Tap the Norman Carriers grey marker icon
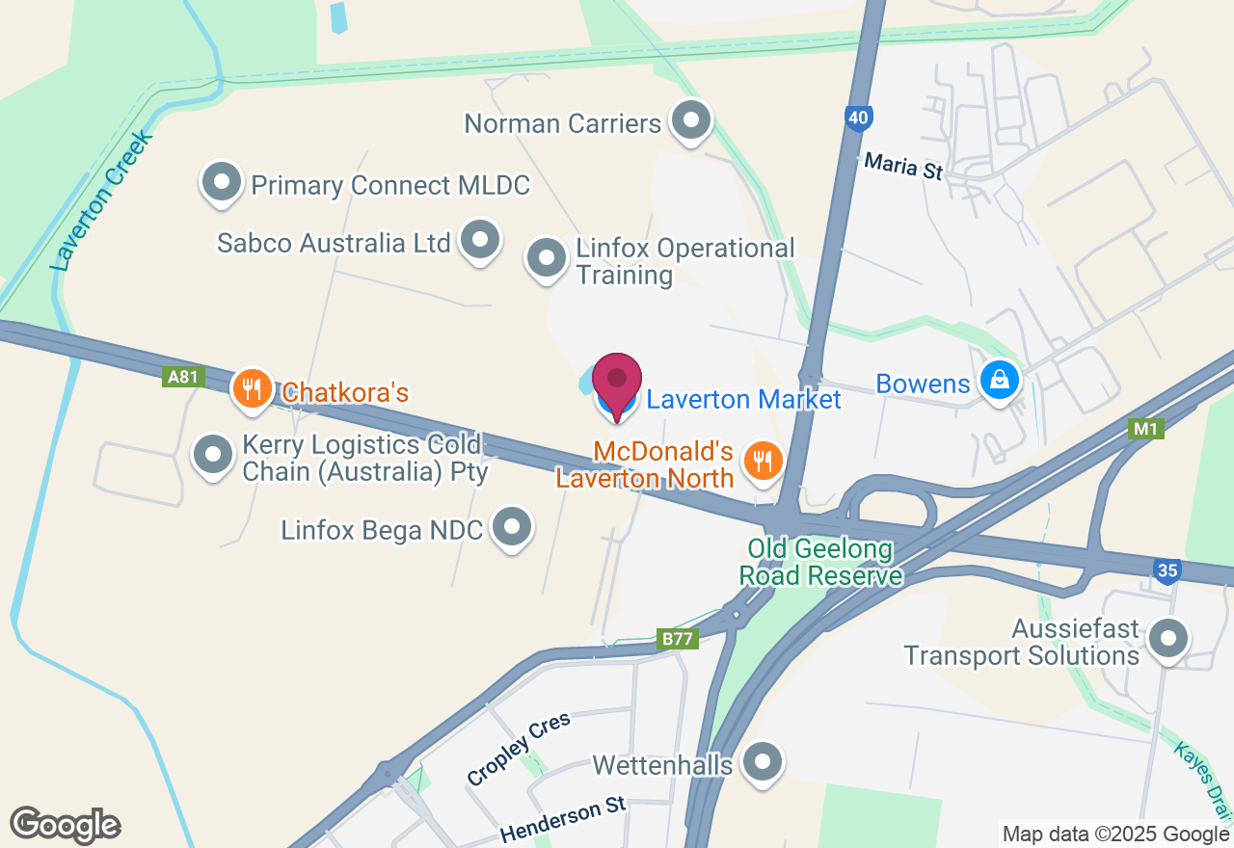tap(690, 120)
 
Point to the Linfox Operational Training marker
tap(547, 258)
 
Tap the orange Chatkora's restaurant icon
tap(252, 389)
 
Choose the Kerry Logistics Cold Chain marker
tap(212, 454)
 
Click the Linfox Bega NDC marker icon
tap(512, 527)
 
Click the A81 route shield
tap(183, 377)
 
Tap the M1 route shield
tap(1145, 429)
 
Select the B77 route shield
tap(679, 639)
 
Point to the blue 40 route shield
tap(859, 119)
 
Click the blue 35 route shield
tap(1167, 571)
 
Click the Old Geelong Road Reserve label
tap(820, 564)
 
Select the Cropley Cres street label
tap(519, 749)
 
